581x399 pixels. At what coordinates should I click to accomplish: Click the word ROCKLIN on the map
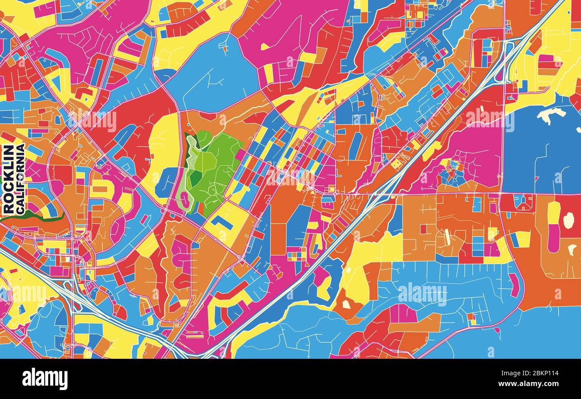click(x=8, y=179)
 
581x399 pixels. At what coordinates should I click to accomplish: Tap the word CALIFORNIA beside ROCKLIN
click(x=20, y=179)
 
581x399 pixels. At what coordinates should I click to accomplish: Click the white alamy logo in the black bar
click(x=45, y=379)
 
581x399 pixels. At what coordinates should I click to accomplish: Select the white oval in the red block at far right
click(x=568, y=220)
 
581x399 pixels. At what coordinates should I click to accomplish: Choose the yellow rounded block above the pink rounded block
click(x=553, y=213)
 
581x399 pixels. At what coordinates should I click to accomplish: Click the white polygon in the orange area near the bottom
click(x=346, y=304)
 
